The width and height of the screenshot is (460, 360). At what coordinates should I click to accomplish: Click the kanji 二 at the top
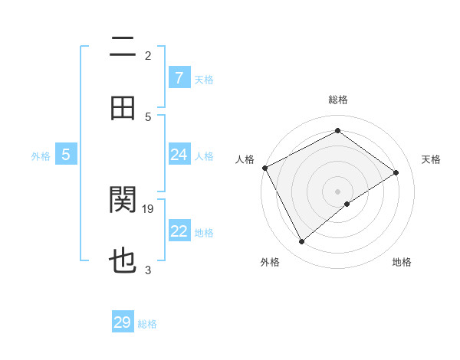123,47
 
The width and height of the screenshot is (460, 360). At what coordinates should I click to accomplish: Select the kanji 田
123,109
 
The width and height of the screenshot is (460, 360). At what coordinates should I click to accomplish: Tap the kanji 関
123,201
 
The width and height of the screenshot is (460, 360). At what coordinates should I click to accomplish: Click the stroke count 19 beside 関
149,208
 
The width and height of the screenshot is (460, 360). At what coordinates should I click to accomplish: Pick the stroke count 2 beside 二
148,55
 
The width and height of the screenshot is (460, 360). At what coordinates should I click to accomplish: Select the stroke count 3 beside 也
148,270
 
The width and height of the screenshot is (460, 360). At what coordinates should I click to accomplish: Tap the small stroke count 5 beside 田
148,116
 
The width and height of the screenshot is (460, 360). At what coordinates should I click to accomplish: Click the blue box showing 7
179,78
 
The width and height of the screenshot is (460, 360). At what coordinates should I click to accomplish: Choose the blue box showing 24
179,155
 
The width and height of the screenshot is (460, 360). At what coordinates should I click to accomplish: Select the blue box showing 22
179,231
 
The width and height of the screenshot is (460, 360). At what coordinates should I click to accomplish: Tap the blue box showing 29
123,322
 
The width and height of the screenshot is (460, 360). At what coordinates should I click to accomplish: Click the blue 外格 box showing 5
66,155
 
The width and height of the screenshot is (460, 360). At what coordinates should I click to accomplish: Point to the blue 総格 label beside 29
147,324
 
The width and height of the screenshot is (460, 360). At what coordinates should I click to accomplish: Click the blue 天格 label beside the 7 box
204,80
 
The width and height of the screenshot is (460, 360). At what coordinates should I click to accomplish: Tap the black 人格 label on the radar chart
245,159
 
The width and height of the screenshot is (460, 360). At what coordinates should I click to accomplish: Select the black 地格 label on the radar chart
402,263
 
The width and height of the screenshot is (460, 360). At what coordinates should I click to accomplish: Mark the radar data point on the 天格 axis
396,172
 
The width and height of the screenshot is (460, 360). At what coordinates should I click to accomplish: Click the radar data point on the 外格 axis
302,242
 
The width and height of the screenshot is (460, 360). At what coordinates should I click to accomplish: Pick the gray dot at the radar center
337,191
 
